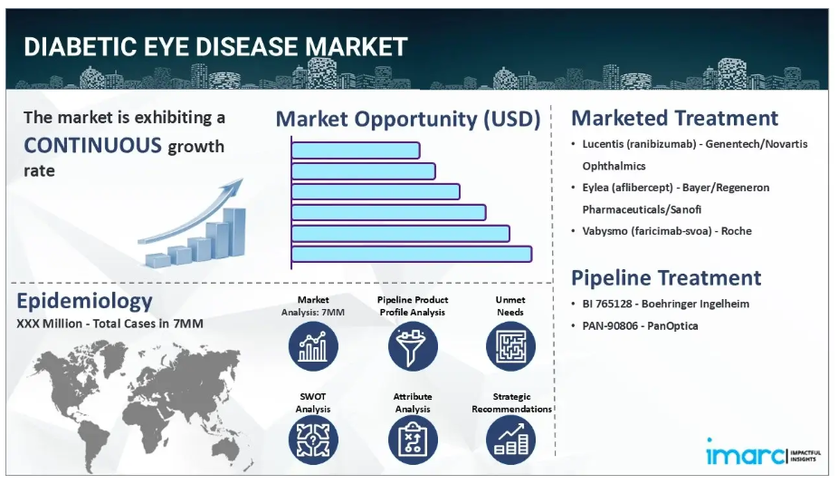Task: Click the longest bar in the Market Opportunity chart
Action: tap(412, 254)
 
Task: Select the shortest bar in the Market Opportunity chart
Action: tap(356, 150)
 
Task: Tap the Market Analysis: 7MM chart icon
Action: tap(313, 346)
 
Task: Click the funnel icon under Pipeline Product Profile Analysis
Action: tap(413, 346)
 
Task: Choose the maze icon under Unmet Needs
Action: tap(510, 346)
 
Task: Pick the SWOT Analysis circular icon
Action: tap(313, 440)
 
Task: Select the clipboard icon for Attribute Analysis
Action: tap(413, 440)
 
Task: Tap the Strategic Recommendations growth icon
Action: tap(510, 440)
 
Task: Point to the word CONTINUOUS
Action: tap(92, 145)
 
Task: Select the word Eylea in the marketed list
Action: tap(595, 188)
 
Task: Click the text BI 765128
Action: tap(607, 304)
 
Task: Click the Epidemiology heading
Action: tap(84, 301)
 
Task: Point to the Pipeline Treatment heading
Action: tap(666, 278)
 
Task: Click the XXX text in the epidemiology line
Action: tap(27, 324)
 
